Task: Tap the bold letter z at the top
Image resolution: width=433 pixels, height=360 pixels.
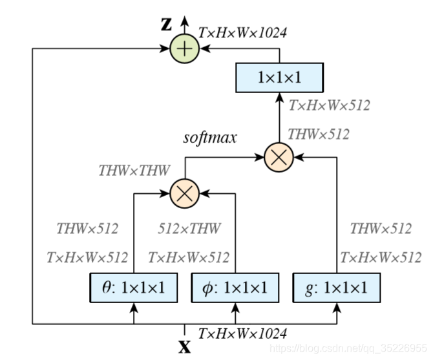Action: pos(167,24)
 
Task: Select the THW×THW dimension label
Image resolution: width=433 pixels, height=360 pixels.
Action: pos(134,171)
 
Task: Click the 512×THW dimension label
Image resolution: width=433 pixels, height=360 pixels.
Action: pos(189,229)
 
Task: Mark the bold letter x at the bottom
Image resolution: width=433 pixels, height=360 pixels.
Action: pos(185,346)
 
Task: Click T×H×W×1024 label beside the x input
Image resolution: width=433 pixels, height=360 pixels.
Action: pos(242,334)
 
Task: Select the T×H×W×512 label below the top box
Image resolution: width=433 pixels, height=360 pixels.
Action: pos(329,105)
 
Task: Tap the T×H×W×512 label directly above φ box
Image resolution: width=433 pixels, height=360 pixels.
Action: pos(189,257)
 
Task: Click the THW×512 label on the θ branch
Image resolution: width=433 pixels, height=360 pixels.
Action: pos(87,229)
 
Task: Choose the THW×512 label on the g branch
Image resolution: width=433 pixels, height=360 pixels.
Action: pos(381,229)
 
